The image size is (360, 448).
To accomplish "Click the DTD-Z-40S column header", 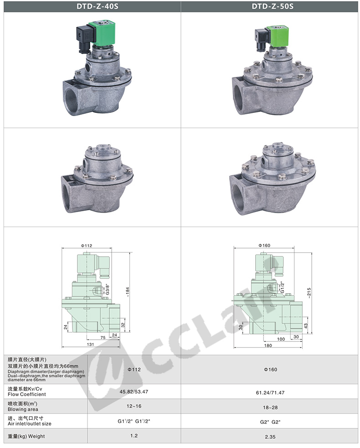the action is point(97,6).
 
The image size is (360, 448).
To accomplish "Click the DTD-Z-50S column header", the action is point(273,6).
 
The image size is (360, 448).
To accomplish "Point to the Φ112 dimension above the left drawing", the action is point(86,246).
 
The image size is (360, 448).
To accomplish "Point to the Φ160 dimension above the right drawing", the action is point(264,245).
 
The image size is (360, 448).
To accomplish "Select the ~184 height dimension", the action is point(128,292).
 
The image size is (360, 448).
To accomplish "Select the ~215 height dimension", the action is point(309,293).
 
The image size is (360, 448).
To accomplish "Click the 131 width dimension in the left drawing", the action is point(90,344).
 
